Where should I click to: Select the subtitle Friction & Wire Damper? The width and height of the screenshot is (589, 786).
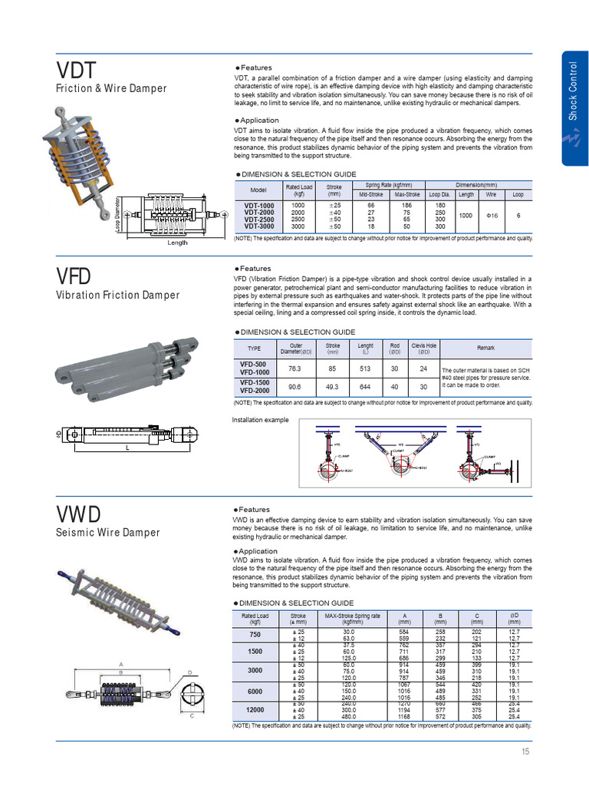(111, 88)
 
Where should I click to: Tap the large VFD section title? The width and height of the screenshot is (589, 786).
(74, 276)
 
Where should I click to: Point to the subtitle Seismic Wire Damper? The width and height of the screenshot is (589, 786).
(108, 532)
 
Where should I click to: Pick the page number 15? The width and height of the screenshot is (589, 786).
(525, 751)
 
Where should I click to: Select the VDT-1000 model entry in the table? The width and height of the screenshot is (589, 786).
(258, 206)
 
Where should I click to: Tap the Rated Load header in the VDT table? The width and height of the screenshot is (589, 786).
(299, 190)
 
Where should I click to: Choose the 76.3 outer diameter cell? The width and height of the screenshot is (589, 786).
(294, 368)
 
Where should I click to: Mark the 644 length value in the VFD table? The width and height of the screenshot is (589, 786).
(365, 387)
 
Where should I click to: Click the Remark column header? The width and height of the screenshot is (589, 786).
(485, 348)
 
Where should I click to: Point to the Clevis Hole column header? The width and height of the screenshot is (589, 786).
(423, 348)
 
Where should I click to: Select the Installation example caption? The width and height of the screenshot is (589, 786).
(260, 420)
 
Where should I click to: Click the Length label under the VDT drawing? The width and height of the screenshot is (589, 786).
(177, 243)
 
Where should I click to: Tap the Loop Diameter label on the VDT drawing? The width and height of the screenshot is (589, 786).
(117, 212)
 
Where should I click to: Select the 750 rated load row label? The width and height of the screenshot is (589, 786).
(255, 635)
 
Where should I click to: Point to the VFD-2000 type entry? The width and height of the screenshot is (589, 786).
(254, 391)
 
